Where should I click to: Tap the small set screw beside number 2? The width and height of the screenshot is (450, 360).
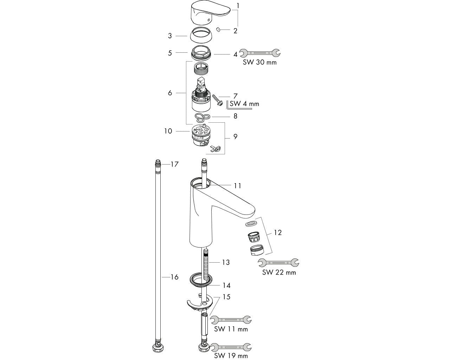tap(218, 30)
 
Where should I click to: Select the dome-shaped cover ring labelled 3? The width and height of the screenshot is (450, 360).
tap(200, 36)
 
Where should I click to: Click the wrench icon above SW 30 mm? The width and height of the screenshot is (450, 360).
tap(259, 53)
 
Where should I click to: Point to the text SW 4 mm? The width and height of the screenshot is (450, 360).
tap(244, 104)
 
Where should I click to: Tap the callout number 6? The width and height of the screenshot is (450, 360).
tap(170, 93)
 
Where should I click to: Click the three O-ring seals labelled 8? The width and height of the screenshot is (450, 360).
tap(202, 117)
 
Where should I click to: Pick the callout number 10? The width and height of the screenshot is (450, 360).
tap(168, 131)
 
